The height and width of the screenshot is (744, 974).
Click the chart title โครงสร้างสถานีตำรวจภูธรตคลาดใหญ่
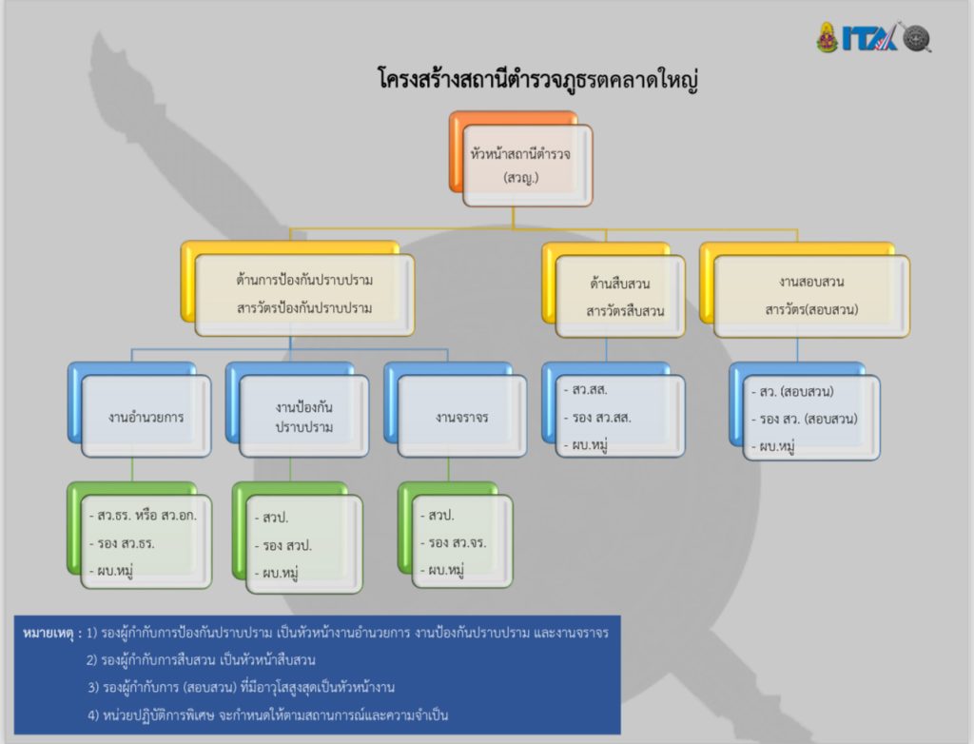coord(538,81)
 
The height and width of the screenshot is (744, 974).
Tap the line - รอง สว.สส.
coord(597,418)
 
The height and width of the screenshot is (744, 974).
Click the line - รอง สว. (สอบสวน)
coord(805,419)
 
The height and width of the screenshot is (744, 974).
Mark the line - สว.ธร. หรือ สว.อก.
coord(143,516)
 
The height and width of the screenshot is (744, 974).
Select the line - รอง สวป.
coord(283,546)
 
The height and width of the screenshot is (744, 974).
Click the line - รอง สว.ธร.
coord(122,543)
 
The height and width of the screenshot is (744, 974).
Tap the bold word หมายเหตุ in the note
coord(52,634)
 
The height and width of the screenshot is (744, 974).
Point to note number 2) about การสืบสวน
coord(201,659)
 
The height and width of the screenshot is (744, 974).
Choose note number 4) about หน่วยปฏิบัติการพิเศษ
coord(267,715)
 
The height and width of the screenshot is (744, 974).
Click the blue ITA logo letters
coord(869,38)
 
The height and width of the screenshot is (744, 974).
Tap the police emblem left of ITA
coord(828,37)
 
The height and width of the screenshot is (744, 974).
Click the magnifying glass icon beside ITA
coord(916,38)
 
